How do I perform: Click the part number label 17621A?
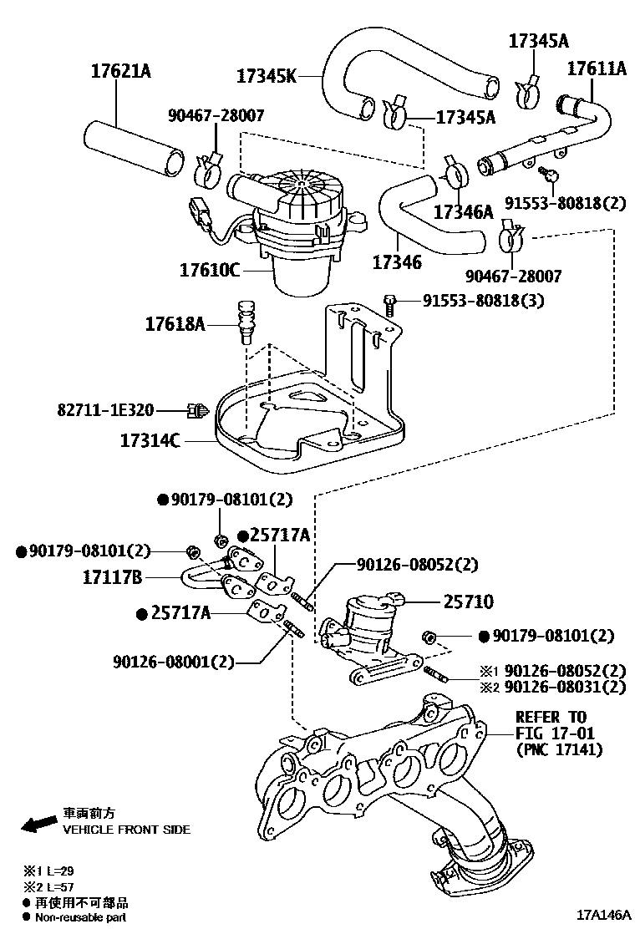pyautogui.click(x=120, y=71)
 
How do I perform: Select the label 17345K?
pyautogui.click(x=266, y=76)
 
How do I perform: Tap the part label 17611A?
pyautogui.click(x=597, y=68)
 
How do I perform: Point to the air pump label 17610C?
pyautogui.click(x=210, y=270)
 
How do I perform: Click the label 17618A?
pyautogui.click(x=175, y=322)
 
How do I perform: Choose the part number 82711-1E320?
pyautogui.click(x=105, y=409)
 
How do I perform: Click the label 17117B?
pyautogui.click(x=113, y=576)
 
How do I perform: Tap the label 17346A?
pyautogui.click(x=464, y=211)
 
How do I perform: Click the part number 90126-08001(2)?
pyautogui.click(x=174, y=662)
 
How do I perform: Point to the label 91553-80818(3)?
pyautogui.click(x=483, y=300)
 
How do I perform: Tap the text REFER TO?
pyautogui.click(x=551, y=717)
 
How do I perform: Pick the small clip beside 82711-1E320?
pyautogui.click(x=198, y=409)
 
